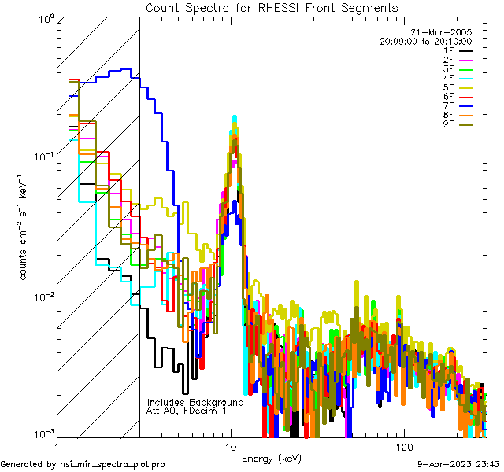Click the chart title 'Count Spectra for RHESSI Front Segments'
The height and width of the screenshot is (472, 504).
[272, 8]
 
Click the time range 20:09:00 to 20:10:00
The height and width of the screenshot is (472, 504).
[425, 41]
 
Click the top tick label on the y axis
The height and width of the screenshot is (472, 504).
[43, 17]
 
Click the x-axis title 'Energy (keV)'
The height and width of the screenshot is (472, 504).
[272, 458]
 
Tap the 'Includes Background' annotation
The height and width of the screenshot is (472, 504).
[195, 402]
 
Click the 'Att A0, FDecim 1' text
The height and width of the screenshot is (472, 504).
[187, 411]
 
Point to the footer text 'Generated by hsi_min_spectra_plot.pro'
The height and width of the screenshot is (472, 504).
[83, 464]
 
